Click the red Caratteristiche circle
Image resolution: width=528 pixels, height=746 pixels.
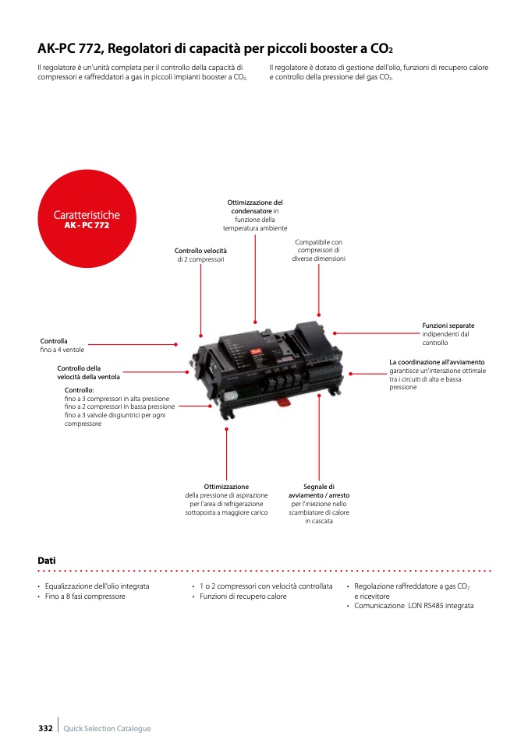[87, 219]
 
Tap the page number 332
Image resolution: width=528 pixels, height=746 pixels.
[45, 728]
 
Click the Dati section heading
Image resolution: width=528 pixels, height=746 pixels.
[47, 561]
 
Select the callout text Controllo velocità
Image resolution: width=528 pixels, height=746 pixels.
[200, 251]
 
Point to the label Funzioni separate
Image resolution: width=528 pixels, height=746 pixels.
[448, 325]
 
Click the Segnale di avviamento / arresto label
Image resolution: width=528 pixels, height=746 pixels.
[319, 491]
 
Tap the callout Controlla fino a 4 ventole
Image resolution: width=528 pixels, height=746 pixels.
[62, 346]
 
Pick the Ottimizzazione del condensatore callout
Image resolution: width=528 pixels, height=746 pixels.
[255, 206]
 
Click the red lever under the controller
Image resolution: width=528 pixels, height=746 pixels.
[284, 403]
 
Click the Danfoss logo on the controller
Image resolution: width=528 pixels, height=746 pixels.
[256, 353]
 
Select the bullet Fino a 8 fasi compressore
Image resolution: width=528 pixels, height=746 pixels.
[85, 596]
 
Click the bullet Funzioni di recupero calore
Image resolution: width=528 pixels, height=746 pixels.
[243, 596]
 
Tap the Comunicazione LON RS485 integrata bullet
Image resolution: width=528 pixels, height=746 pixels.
[413, 606]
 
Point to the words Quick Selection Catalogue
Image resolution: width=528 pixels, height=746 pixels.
[107, 728]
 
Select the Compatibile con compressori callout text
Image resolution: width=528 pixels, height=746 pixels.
[318, 250]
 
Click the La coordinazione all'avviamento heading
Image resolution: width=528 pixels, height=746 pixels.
[437, 362]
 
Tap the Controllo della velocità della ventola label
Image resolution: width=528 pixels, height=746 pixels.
[89, 372]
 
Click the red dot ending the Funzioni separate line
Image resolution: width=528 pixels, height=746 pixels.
[335, 333]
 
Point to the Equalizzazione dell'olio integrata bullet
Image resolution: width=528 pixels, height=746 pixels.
[97, 586]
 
